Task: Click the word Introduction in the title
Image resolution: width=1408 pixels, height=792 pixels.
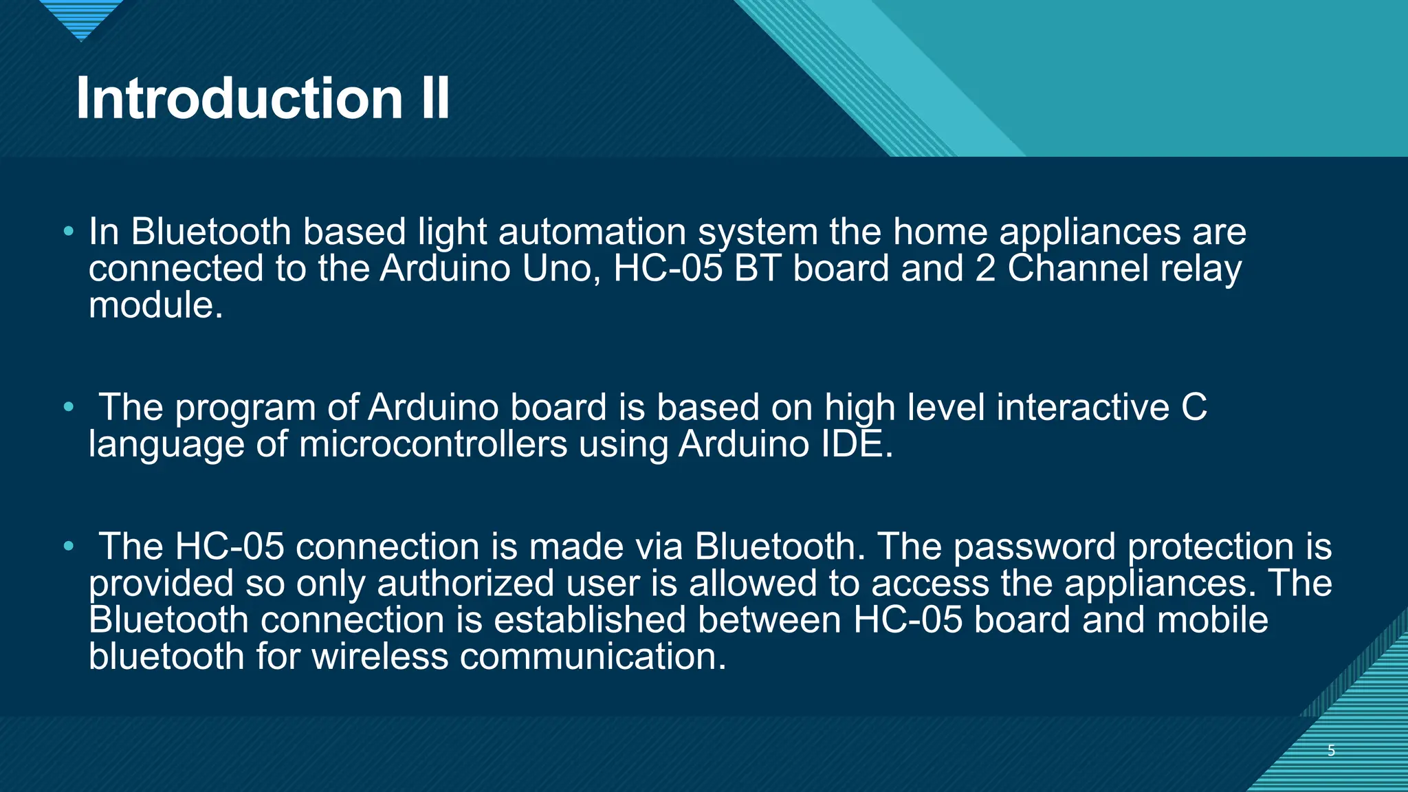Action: (x=239, y=98)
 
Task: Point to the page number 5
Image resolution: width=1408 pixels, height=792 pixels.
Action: (x=1331, y=751)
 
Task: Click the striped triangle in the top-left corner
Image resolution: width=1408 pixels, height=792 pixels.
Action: (x=81, y=18)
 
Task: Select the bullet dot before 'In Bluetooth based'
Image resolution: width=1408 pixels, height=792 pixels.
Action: (x=68, y=231)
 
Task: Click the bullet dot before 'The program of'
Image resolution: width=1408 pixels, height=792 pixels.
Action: (x=68, y=407)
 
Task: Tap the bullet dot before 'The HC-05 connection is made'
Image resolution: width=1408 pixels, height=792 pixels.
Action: (x=68, y=547)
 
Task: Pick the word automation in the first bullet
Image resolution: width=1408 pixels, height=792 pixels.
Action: (x=592, y=232)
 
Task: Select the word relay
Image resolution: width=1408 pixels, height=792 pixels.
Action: (x=1200, y=268)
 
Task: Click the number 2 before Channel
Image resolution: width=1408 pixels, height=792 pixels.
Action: (x=985, y=268)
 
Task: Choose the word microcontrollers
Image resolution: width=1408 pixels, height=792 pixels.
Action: (x=433, y=444)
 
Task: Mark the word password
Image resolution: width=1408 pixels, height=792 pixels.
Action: (x=1035, y=547)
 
